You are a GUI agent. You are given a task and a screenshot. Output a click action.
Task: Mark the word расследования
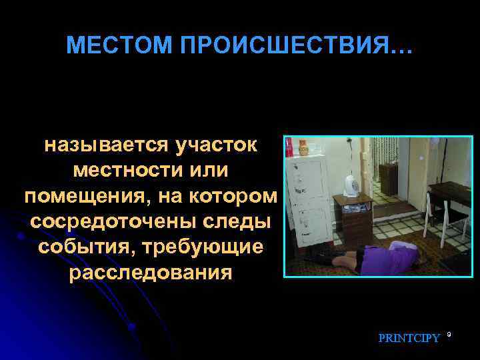pos(151,273)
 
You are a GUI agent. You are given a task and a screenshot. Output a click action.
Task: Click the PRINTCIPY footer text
pos(409,338)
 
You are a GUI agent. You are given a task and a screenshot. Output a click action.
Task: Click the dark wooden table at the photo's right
pos(450,197)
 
